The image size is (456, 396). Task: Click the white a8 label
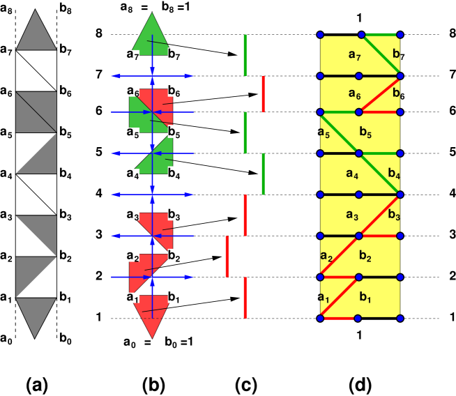click(126, 8)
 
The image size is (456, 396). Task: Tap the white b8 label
click(168, 8)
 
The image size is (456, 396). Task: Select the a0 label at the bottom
click(130, 342)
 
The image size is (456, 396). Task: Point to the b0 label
click(172, 342)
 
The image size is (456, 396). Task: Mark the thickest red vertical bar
click(227, 256)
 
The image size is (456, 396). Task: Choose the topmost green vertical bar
click(245, 54)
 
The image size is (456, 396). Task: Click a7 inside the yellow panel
click(355, 54)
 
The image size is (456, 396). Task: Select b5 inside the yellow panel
click(366, 131)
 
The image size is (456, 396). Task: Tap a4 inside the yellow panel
click(351, 174)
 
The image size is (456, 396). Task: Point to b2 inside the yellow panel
click(366, 256)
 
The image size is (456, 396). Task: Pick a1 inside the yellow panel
click(324, 298)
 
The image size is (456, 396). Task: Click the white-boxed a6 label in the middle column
click(133, 91)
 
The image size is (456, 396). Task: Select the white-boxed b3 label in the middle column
click(174, 214)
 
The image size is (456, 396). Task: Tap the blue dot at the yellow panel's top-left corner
click(320, 35)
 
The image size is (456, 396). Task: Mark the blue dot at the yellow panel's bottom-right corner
click(400, 318)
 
